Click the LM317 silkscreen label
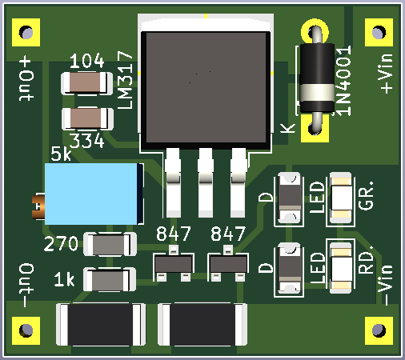coord(125,80)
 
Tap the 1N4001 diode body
coord(317,78)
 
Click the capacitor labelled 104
coord(87,83)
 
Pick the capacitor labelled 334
coord(87,118)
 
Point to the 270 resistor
coord(110,244)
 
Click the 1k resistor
coord(110,279)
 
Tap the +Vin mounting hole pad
coord(379,32)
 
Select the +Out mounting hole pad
coord(26,32)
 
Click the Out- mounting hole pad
coord(26,330)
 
